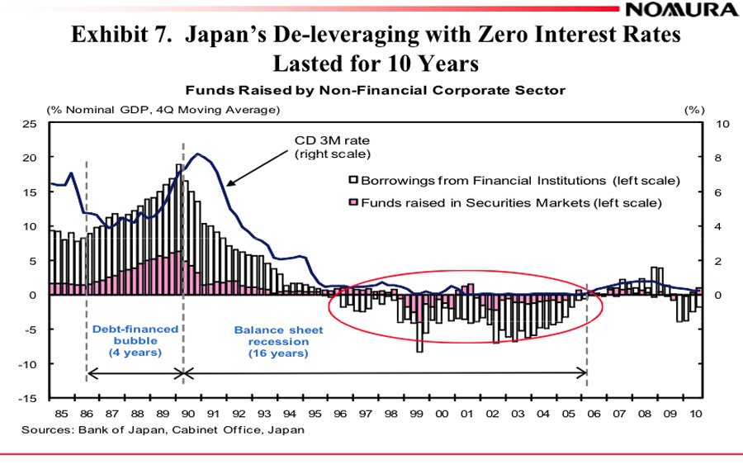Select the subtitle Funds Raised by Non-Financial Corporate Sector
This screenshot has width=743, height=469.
coord(375,90)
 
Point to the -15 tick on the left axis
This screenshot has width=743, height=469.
coord(32,399)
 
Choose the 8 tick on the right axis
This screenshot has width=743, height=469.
coord(716,158)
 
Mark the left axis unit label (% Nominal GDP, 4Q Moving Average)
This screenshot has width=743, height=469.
coord(163,109)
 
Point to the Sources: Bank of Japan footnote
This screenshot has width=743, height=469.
coord(163,429)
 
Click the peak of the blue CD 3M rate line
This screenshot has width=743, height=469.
coord(197,154)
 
